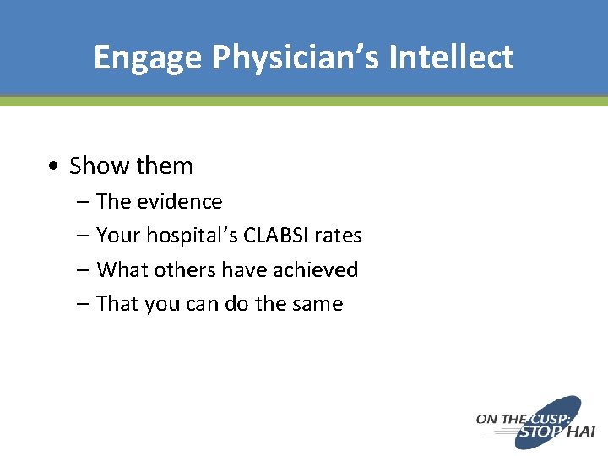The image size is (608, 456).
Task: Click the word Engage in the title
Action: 148,57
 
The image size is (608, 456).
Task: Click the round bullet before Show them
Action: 53,166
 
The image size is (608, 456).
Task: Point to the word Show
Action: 96,166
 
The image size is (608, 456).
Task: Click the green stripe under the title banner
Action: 304,101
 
